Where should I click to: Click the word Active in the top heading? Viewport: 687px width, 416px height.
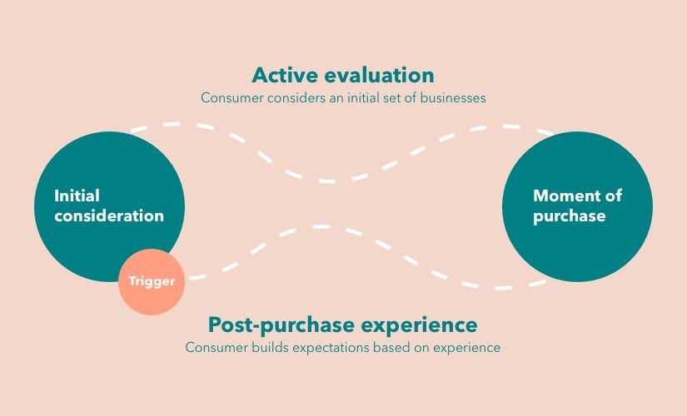pyautogui.click(x=284, y=76)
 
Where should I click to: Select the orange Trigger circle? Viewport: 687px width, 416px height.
pyautogui.click(x=151, y=281)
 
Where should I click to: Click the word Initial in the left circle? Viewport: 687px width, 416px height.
pyautogui.click(x=77, y=196)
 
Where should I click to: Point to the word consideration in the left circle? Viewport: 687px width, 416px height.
pyautogui.click(x=109, y=215)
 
